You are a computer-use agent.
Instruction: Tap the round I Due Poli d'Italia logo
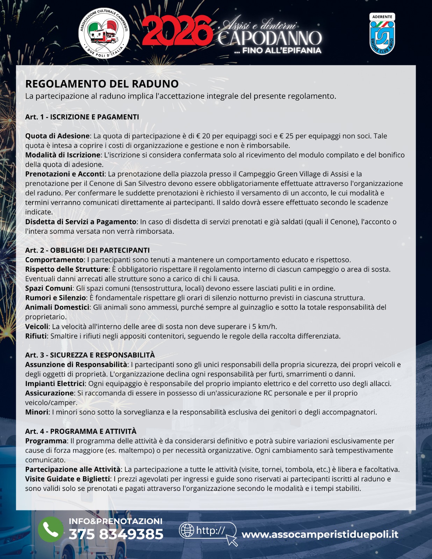pyautogui.click(x=104, y=33)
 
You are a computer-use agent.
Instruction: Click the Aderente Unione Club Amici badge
pyautogui.click(x=382, y=34)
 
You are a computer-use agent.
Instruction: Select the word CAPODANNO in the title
pyautogui.click(x=269, y=38)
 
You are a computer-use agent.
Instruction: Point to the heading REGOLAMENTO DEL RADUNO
pyautogui.click(x=102, y=84)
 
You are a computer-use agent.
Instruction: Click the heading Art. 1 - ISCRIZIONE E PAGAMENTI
pyautogui.click(x=82, y=117)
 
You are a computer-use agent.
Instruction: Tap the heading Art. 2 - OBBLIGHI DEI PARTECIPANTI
pyautogui.click(x=87, y=250)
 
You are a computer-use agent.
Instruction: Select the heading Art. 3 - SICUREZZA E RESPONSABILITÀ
pyautogui.click(x=90, y=355)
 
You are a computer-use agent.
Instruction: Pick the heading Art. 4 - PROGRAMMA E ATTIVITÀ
pyautogui.click(x=81, y=431)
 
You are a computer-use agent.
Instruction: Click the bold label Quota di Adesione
pyautogui.click(x=57, y=136)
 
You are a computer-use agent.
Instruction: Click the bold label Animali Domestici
pyautogui.click(x=57, y=307)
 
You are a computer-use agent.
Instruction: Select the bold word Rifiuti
pyautogui.click(x=36, y=336)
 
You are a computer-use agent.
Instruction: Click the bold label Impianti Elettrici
pyautogui.click(x=55, y=384)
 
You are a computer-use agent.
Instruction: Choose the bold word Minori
pyautogui.click(x=36, y=412)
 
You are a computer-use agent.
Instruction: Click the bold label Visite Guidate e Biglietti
pyautogui.click(x=67, y=479)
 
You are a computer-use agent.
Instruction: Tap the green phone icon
pyautogui.click(x=51, y=529)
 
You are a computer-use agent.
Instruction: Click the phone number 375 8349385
pyautogui.click(x=116, y=535)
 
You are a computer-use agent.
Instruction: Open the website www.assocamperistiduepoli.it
pyautogui.click(x=320, y=535)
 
